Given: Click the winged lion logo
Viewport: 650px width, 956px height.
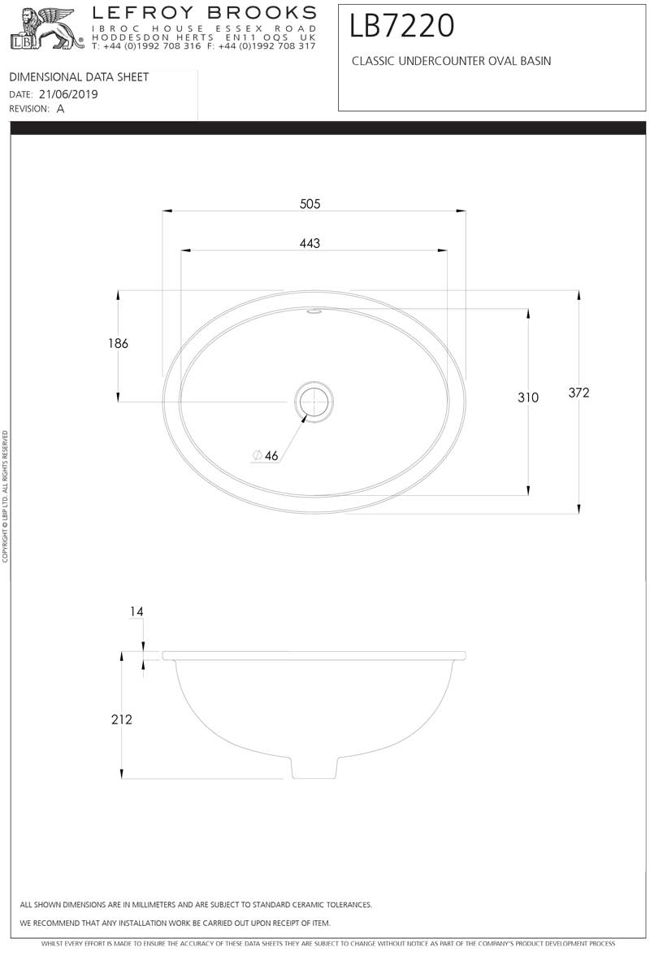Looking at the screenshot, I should tap(45, 28).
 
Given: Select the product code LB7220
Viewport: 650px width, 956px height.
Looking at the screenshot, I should tap(402, 26).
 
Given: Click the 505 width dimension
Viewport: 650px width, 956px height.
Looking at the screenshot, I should tap(310, 204).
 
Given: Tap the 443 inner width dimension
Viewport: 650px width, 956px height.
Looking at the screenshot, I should tap(310, 243).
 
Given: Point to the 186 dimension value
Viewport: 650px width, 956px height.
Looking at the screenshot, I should tap(118, 344).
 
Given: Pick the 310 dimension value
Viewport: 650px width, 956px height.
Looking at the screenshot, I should tap(528, 398).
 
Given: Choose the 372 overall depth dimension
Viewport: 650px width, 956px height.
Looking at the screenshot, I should tap(578, 393).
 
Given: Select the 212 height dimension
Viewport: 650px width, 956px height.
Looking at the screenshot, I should tap(121, 719).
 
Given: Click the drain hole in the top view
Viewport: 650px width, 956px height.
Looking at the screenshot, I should tap(314, 401).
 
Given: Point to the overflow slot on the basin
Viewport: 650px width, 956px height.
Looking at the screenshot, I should tap(314, 311).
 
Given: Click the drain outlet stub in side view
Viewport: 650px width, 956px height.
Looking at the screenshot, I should tap(314, 768).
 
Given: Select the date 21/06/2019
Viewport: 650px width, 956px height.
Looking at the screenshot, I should tap(68, 94).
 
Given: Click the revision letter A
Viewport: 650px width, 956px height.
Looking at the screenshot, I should tap(61, 109).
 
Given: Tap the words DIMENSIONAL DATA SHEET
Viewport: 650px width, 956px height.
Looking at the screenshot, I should tap(79, 77).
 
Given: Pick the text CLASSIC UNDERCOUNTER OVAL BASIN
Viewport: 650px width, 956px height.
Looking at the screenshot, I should tap(451, 61).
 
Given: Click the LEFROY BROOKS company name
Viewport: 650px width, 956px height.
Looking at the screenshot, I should tap(203, 12).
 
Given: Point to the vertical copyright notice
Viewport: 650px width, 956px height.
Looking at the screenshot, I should tap(5, 496).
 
